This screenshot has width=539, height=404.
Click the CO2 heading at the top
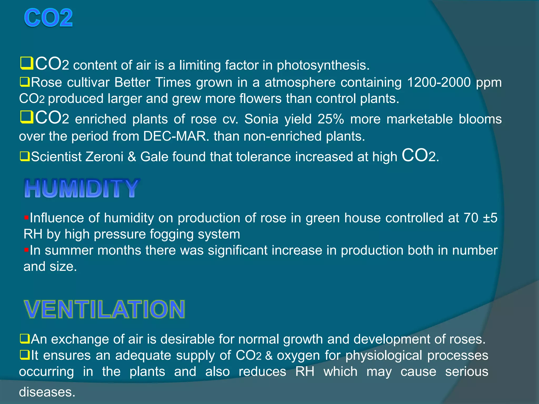[48, 18]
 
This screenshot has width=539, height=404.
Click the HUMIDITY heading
[82, 188]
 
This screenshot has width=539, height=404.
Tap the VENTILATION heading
[104, 309]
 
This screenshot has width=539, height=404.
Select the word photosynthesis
[323, 65]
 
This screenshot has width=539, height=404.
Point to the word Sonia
[261, 119]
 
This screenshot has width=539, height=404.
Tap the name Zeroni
[104, 157]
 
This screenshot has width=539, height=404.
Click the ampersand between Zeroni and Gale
[132, 157]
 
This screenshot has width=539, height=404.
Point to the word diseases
[47, 392]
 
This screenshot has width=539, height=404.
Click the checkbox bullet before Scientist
[25, 156]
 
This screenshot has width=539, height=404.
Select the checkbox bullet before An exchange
[25, 339]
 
